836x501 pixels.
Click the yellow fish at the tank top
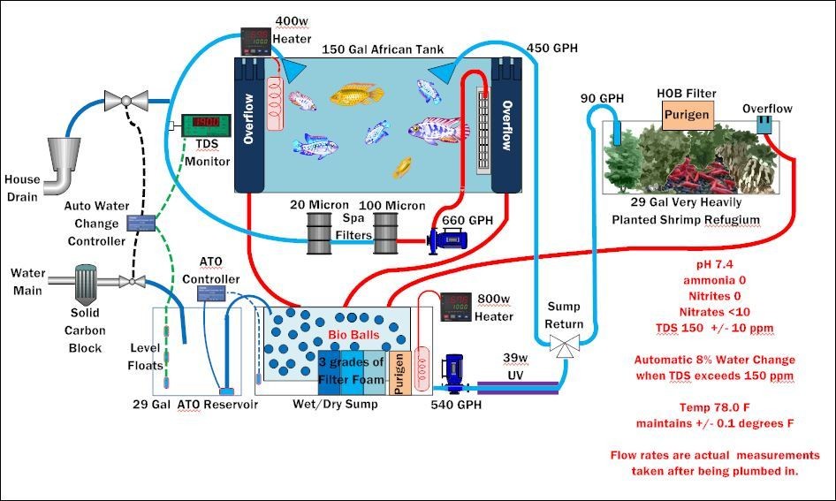361,94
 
